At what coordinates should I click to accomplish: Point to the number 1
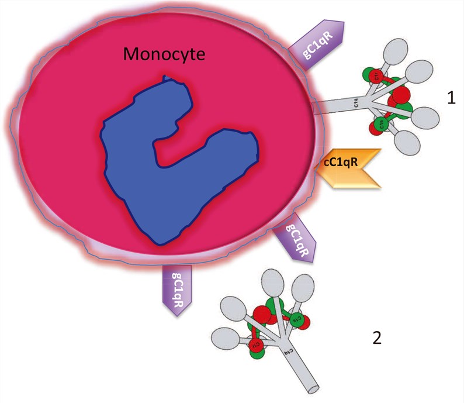(x=451, y=98)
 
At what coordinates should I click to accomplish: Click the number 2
(x=377, y=337)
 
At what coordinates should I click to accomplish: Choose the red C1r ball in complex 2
(x=256, y=345)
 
